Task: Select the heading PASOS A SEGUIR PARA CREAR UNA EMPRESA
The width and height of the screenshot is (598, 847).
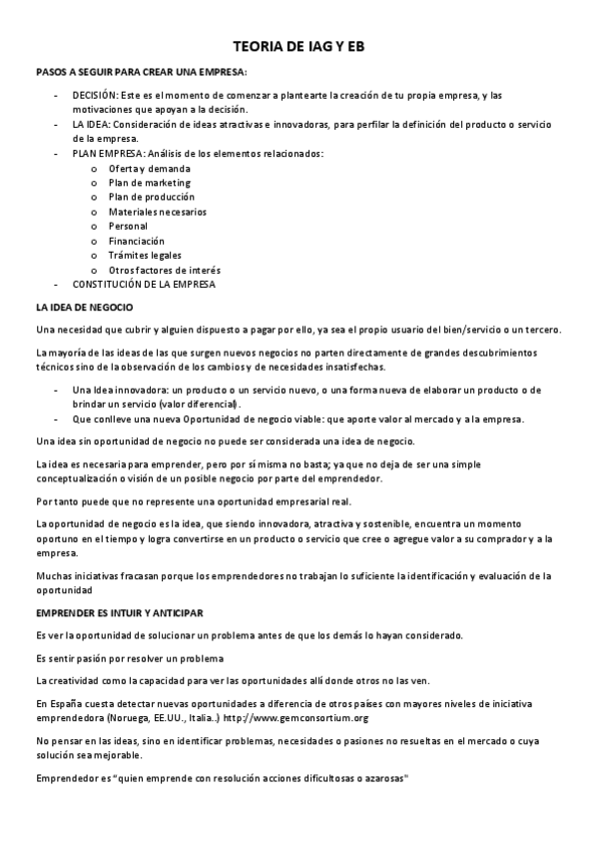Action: [141, 73]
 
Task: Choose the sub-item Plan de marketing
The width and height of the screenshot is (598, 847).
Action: [150, 183]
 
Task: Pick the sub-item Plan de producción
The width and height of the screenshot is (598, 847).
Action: [152, 197]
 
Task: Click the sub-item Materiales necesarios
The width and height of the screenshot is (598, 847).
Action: [158, 212]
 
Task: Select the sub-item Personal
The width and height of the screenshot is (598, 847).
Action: [128, 226]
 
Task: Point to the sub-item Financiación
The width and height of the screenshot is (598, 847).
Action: [137, 241]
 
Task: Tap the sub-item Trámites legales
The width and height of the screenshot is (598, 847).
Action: [145, 255]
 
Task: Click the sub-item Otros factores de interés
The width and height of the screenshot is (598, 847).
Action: [165, 270]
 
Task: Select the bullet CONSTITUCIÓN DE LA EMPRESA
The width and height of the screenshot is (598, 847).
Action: [144, 285]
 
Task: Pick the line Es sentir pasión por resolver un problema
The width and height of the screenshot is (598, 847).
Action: [130, 658]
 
